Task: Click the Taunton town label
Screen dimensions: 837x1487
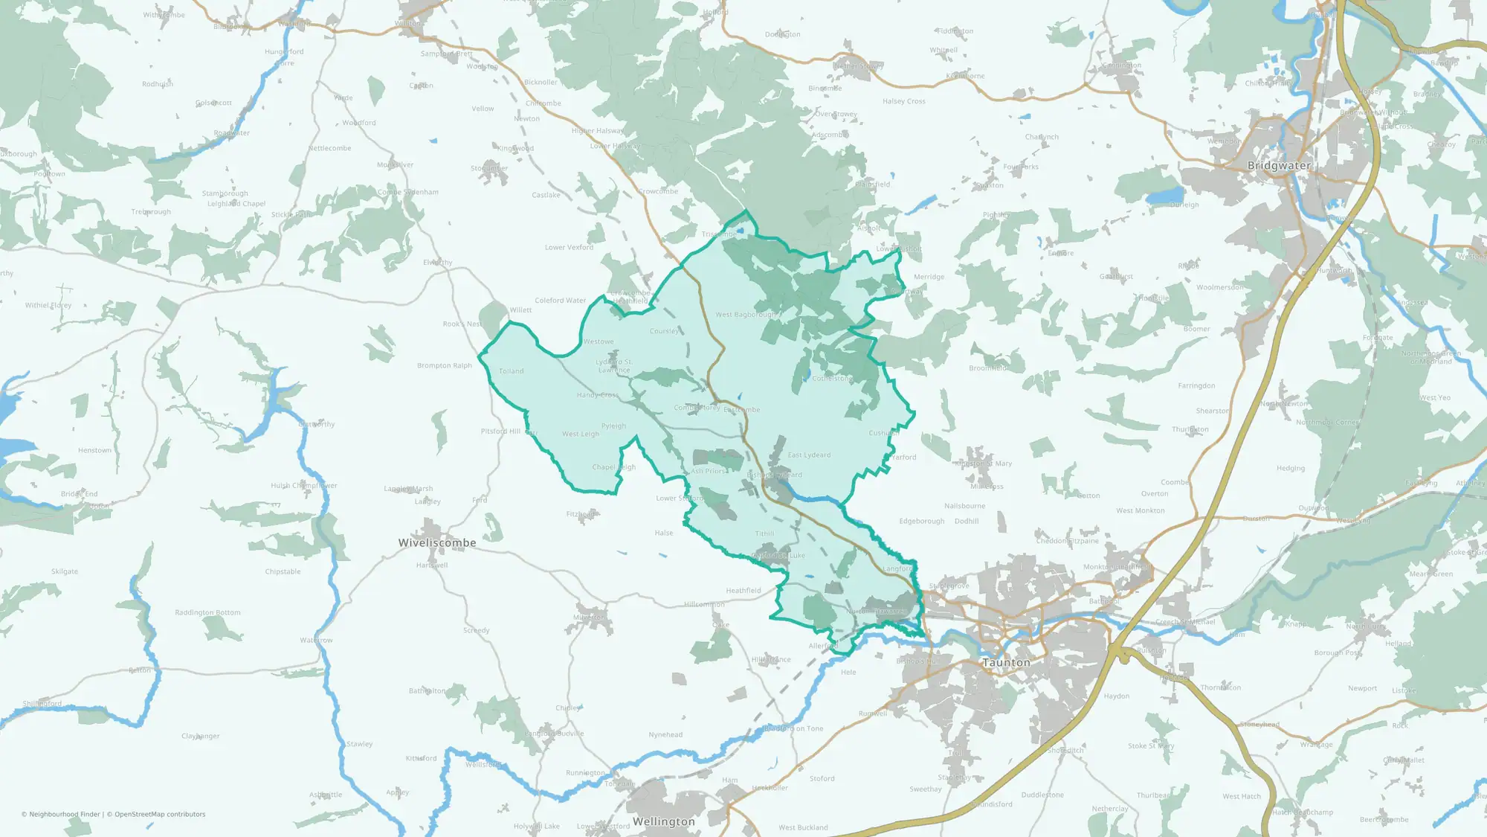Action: coord(1006,662)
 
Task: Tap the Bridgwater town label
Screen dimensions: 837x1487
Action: coord(1279,165)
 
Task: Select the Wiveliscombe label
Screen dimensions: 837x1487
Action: coord(437,543)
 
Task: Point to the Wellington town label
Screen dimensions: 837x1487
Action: coord(664,821)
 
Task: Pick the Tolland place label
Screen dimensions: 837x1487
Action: coord(512,371)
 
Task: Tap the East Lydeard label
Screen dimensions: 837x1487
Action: coord(809,455)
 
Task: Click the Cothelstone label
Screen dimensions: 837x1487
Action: coord(833,379)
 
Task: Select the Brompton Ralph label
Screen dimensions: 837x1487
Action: coord(445,365)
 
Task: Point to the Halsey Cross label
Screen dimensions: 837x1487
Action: coord(904,101)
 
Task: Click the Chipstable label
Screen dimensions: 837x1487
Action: coord(283,571)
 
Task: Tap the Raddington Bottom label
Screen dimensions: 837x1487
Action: coord(207,613)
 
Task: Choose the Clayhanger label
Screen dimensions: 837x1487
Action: coord(201,736)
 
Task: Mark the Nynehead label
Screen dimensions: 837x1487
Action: coord(665,734)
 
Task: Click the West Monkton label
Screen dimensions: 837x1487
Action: coord(1140,510)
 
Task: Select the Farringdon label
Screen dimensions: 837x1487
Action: coord(1196,385)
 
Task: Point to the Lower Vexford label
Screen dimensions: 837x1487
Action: coord(569,248)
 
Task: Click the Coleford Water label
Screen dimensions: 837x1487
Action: coord(560,301)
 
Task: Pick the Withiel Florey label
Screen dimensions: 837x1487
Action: coord(48,305)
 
